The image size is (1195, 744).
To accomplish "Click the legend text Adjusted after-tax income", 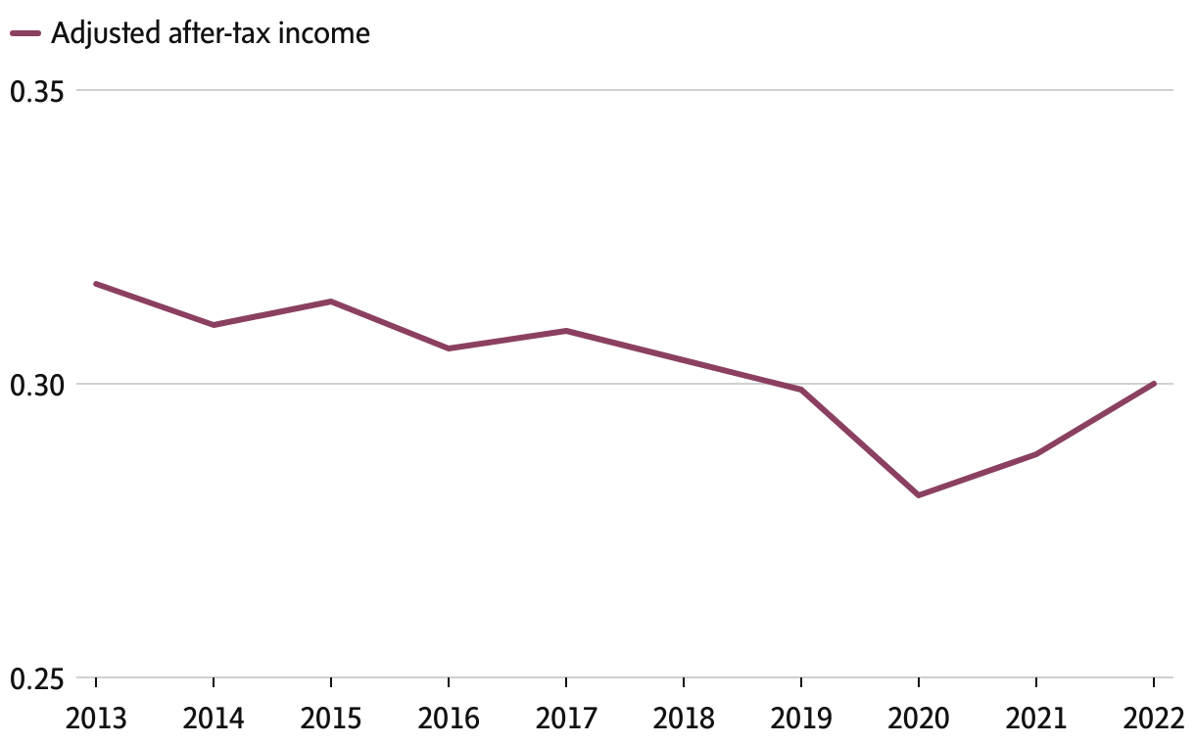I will (x=210, y=33).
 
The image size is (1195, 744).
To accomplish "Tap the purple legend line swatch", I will (x=24, y=34).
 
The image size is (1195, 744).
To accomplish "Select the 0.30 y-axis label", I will (x=35, y=384).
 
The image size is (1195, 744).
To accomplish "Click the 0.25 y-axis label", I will (x=35, y=677).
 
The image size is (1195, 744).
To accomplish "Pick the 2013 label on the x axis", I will (x=96, y=720).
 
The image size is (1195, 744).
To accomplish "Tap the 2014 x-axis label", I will (x=214, y=720).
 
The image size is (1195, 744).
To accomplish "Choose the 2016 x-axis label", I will (x=449, y=720).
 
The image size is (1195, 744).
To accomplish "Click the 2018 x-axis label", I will (x=684, y=720).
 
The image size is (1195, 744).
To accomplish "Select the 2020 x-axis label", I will (x=919, y=720).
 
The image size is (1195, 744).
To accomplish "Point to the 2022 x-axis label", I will (x=1154, y=720).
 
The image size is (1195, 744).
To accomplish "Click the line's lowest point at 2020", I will (x=919, y=495).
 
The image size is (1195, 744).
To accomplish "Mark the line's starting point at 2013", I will (x=96, y=284).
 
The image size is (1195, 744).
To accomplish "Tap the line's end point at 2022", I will (x=1154, y=384).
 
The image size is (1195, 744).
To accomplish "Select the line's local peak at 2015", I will (x=331, y=302).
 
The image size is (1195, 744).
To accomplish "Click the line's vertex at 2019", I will (x=801, y=390).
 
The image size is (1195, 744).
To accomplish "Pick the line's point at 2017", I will (x=566, y=331).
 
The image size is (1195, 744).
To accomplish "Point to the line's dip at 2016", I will (x=449, y=349).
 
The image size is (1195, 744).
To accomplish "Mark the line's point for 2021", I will (x=1036, y=454).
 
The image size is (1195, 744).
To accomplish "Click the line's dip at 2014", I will (x=214, y=325).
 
